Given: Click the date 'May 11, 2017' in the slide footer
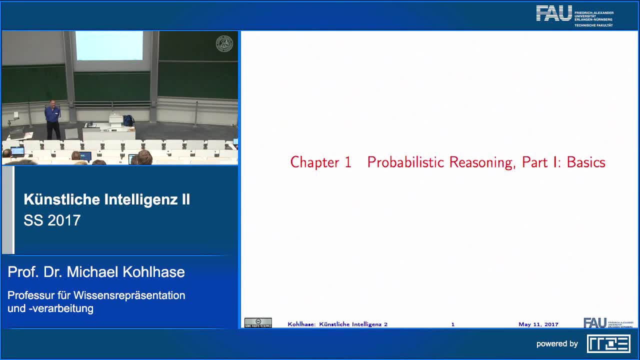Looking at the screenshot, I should pyautogui.click(x=538, y=324).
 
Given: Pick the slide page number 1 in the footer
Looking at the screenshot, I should pyautogui.click(x=453, y=324).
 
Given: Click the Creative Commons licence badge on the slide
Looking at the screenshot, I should pyautogui.click(x=258, y=323).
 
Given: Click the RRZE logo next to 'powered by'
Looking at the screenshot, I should pyautogui.click(x=608, y=343).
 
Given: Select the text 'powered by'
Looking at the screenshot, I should pyautogui.click(x=557, y=344).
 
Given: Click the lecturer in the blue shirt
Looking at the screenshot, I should pyautogui.click(x=52, y=119).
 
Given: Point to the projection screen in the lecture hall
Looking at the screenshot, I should pyautogui.click(x=109, y=45).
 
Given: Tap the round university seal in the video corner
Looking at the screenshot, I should pyautogui.click(x=224, y=44).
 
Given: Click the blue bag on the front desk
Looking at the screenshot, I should pyautogui.click(x=128, y=120).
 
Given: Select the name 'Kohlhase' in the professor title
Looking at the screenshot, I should pyautogui.click(x=157, y=272).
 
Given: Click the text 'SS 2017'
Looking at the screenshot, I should pyautogui.click(x=52, y=220).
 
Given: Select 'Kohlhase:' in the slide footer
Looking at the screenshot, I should pyautogui.click(x=301, y=324).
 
